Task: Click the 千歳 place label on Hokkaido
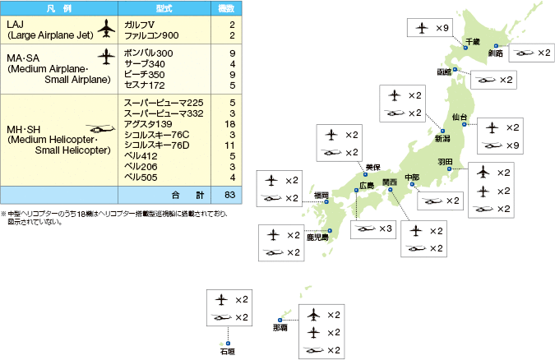pyautogui.click(x=472, y=41)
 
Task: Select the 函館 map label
pyautogui.click(x=445, y=72)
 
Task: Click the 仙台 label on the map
pyautogui.click(x=460, y=118)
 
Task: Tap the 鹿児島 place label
pyautogui.click(x=317, y=237)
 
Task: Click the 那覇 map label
pyautogui.click(x=280, y=328)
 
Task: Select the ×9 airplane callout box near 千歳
pyautogui.click(x=430, y=29)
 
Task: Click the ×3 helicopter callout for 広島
pyautogui.click(x=374, y=227)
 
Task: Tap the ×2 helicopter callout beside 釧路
pyautogui.click(x=531, y=53)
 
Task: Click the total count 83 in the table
pyautogui.click(x=230, y=196)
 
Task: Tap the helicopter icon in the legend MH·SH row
pyautogui.click(x=101, y=128)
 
